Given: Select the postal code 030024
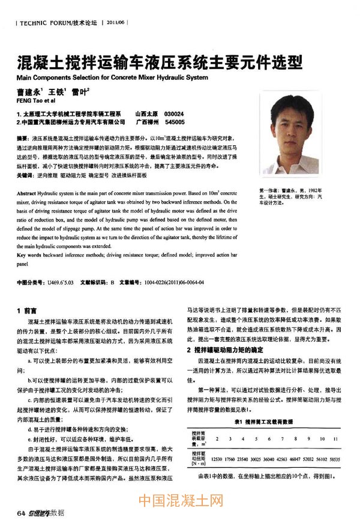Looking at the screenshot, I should (174, 113).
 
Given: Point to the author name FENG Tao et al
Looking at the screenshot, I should (35, 101).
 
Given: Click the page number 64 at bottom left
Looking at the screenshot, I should (22, 512).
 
